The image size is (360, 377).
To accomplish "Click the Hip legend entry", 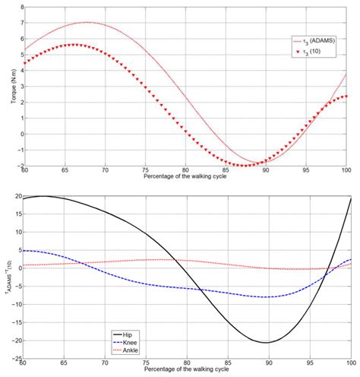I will coord(130,332).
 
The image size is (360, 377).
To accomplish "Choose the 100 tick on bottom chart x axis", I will coord(347,364).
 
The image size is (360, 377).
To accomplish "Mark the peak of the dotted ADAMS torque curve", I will coord(88,22).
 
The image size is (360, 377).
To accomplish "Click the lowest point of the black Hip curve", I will coord(265,342).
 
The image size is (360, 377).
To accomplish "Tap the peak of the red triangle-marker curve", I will coord(73,45).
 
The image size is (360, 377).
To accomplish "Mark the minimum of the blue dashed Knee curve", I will coord(265,297).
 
